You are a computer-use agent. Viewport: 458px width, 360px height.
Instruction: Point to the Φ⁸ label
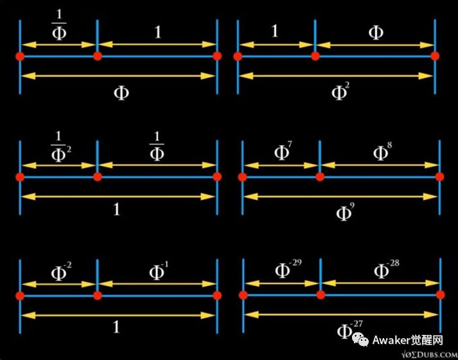(x=381, y=153)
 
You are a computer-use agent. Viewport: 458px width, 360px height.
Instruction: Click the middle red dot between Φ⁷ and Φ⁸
(x=319, y=177)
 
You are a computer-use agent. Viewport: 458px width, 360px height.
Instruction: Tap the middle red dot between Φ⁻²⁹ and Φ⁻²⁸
(x=319, y=295)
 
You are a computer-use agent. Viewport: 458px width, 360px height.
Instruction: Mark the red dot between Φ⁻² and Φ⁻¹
(x=98, y=295)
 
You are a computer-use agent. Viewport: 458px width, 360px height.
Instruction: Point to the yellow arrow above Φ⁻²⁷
(x=340, y=314)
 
